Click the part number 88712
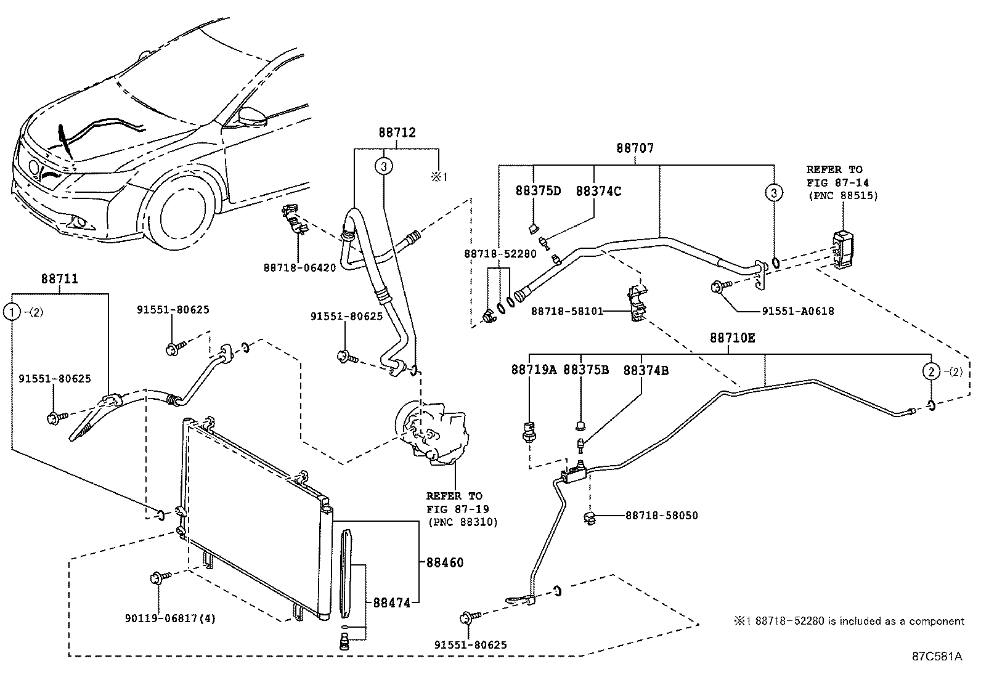pyautogui.click(x=397, y=132)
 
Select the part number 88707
pyautogui.click(x=635, y=148)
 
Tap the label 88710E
pyautogui.click(x=732, y=338)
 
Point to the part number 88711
pyautogui.click(x=60, y=278)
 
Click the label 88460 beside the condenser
pyautogui.click(x=445, y=562)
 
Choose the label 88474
pyautogui.click(x=391, y=602)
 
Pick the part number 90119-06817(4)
pyautogui.click(x=170, y=618)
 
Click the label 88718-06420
pyautogui.click(x=299, y=267)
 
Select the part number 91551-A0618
pyautogui.click(x=798, y=311)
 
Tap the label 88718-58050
pyautogui.click(x=661, y=515)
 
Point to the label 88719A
pyautogui.click(x=534, y=370)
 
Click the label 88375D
pyautogui.click(x=538, y=191)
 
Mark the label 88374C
pyautogui.click(x=598, y=191)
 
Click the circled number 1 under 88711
pyautogui.click(x=12, y=312)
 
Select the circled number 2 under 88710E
pyautogui.click(x=931, y=372)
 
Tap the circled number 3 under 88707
pyautogui.click(x=774, y=193)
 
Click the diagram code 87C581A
pyautogui.click(x=937, y=656)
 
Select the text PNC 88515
pyautogui.click(x=844, y=195)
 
